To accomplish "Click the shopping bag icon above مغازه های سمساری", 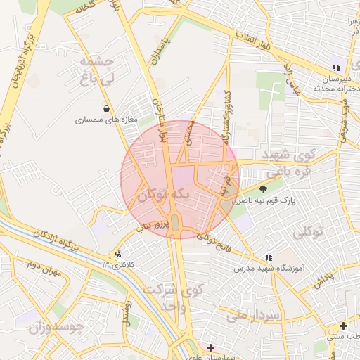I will coord(106,108).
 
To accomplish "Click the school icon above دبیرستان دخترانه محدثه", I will coord(336,68).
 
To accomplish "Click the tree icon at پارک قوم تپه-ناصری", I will coord(264,188).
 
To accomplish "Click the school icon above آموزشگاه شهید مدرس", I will coord(268,257).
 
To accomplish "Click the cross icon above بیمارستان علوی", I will coord(210,347).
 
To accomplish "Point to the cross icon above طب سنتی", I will coord(342,326).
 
